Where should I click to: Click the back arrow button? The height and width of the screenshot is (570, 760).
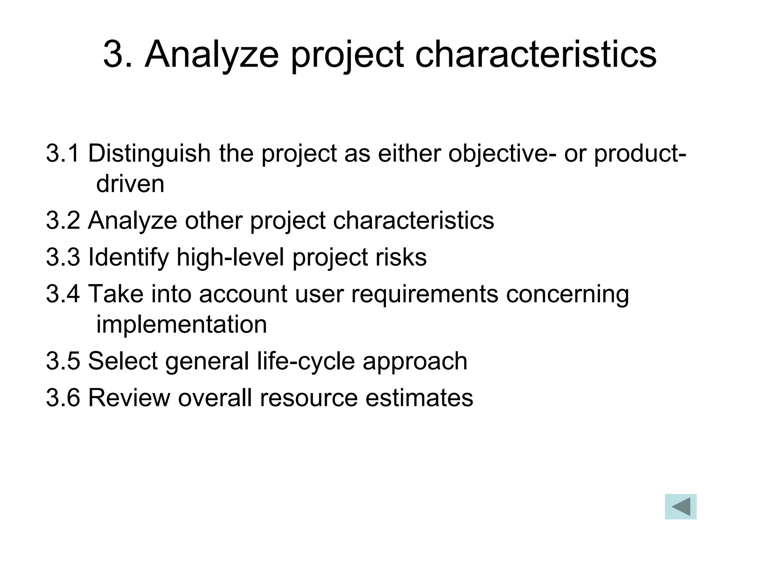pos(680,507)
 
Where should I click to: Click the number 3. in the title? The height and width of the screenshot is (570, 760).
pos(117,55)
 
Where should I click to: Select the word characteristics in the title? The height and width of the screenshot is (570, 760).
pos(535,55)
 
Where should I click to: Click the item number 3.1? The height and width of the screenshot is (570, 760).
pos(63,153)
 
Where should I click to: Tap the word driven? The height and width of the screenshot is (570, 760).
pos(130,184)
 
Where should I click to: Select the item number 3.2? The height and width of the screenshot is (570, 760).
pos(63,220)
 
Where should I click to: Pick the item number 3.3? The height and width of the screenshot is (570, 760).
pos(63,257)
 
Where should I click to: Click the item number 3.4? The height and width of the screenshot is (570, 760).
pos(63,294)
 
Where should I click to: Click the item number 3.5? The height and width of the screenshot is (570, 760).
pos(63,361)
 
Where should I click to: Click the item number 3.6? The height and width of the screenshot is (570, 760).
pos(63,398)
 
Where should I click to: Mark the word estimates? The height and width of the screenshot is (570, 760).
pos(419,398)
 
